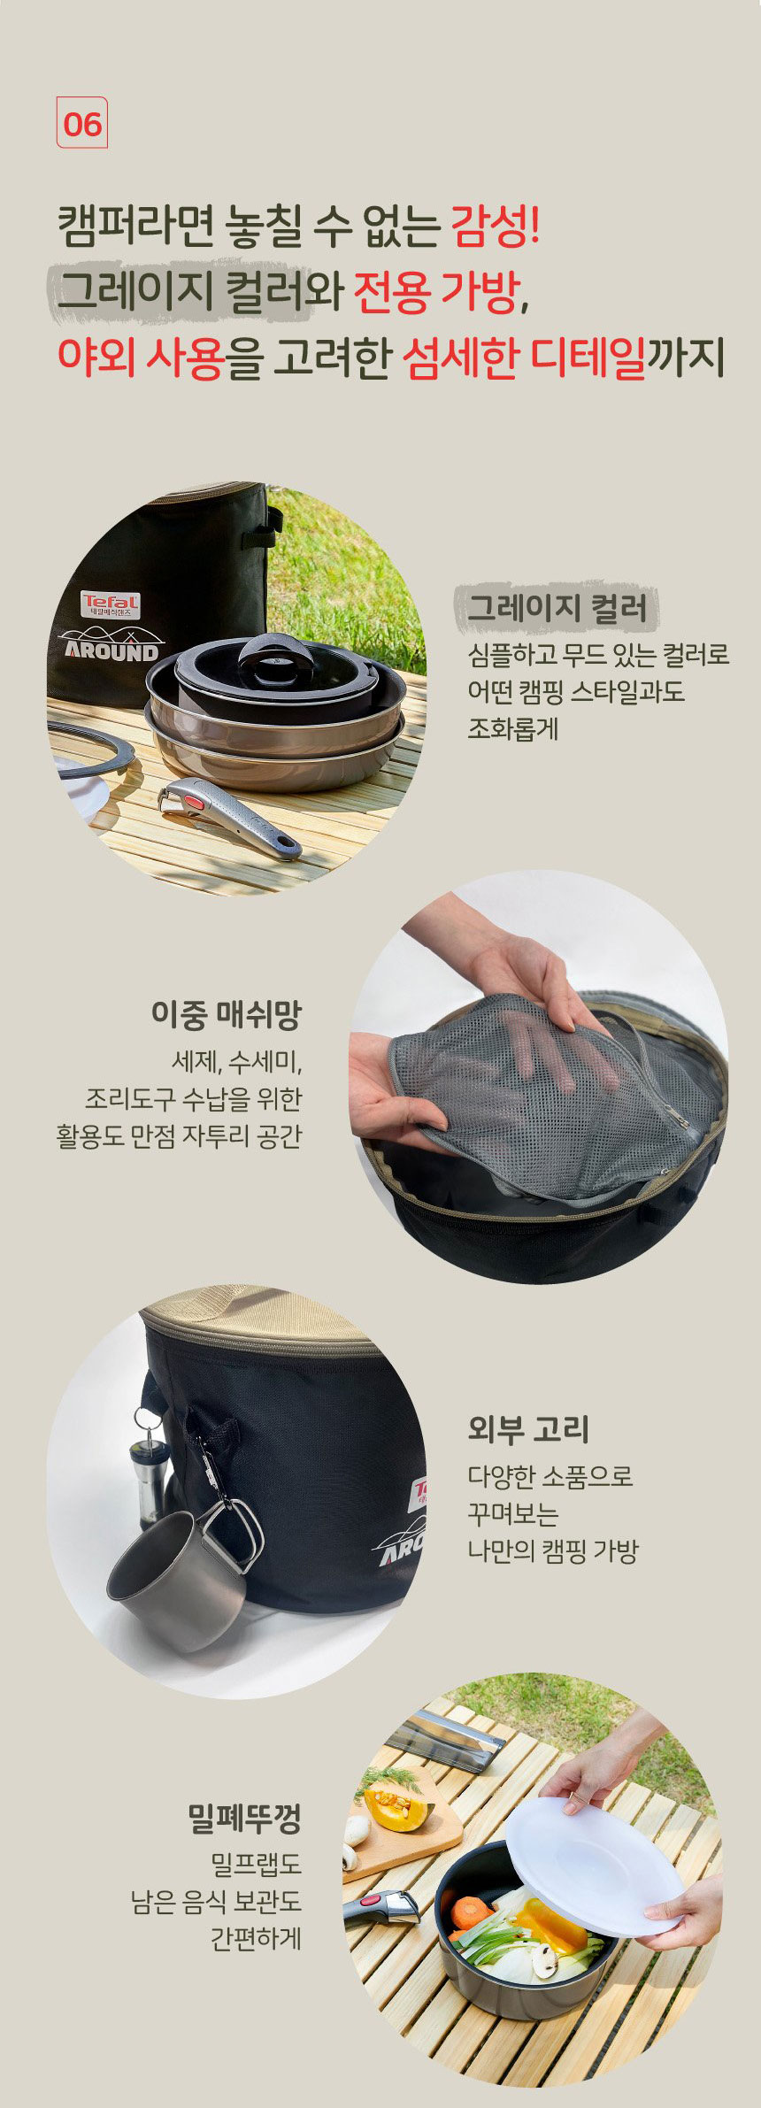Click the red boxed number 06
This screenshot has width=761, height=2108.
82,123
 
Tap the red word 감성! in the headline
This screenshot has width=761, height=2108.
496,226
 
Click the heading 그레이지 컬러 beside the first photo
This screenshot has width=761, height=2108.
557,608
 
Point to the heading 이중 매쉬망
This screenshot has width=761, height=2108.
227,1014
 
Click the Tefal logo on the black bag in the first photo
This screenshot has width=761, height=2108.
111,604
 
